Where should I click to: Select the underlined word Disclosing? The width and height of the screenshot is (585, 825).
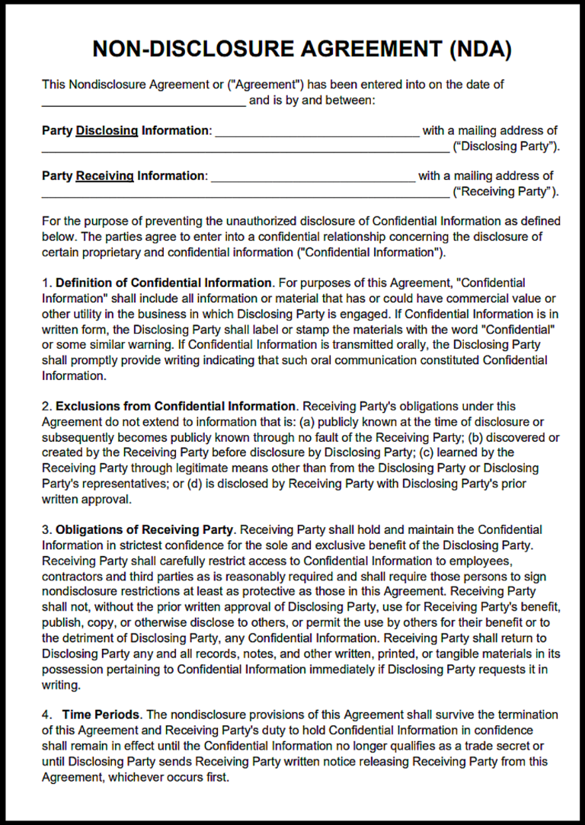pyautogui.click(x=107, y=131)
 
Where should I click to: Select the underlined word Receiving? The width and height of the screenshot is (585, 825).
pyautogui.click(x=104, y=176)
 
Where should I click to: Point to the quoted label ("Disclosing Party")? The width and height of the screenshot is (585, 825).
pyautogui.click(x=505, y=146)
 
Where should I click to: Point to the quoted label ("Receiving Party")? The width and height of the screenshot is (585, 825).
pyautogui.click(x=505, y=191)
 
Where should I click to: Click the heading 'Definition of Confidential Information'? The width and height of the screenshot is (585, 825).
pyautogui.click(x=164, y=283)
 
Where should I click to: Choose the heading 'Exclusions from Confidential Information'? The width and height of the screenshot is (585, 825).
pyautogui.click(x=176, y=407)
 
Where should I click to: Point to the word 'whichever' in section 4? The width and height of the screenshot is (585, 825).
pyautogui.click(x=133, y=776)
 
